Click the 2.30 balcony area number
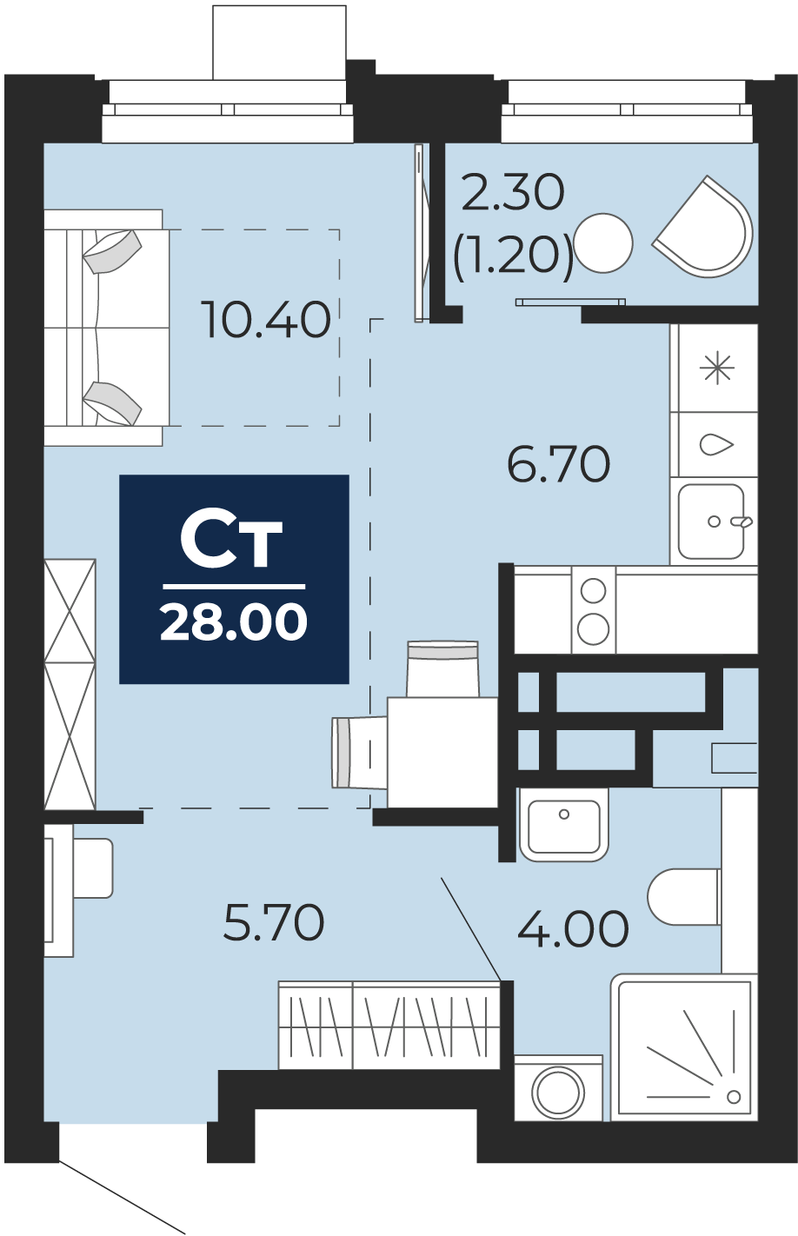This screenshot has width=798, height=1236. pos(513,192)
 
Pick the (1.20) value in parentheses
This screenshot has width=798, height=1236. pos(513,256)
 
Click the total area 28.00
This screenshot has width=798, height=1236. pos(234,621)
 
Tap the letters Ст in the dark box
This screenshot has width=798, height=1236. pos(232,543)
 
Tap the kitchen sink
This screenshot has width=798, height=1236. pos(712,522)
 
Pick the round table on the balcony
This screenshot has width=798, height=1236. pos(603,243)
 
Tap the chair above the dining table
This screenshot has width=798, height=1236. pos(442,668)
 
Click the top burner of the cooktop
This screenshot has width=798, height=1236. pos(593,590)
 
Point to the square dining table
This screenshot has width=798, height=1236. pos(442,752)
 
